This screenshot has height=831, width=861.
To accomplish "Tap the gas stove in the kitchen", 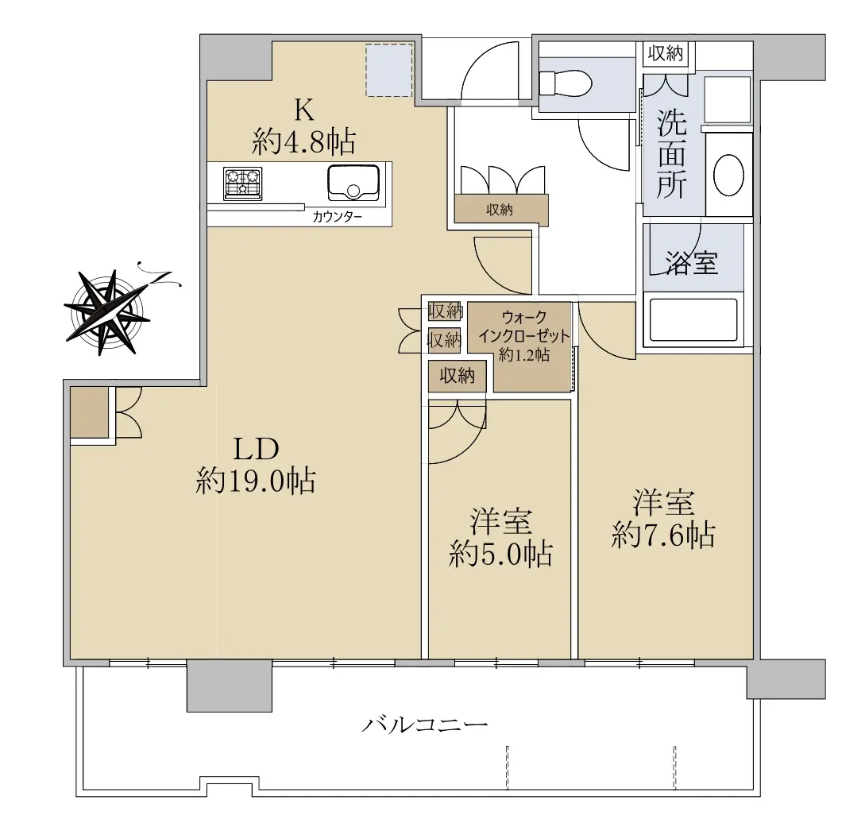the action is point(243,184).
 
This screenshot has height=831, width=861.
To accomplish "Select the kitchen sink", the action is point(353,183).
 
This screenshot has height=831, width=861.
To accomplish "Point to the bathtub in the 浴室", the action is point(693,320).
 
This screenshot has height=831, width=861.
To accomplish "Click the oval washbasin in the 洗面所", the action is point(728,176).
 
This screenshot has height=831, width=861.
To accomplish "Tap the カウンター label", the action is point(337,216).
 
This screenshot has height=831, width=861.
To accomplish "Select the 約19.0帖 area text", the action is point(256,481).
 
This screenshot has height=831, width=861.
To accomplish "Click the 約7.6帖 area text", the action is point(663,535).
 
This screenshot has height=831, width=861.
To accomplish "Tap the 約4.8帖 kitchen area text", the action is point(303,141).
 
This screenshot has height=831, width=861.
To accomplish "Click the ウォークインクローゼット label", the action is point(524,327).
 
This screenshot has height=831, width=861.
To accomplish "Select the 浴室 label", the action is point(691,262).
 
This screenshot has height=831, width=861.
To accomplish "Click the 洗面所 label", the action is point(671,154).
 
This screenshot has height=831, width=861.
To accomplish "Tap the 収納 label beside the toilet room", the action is point(666,53).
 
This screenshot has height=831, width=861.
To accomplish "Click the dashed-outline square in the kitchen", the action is point(389,70).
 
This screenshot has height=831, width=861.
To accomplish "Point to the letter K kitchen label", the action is point(305,110).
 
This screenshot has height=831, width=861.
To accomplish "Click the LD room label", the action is point(257,450).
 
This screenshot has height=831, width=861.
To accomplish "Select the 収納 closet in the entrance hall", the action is point(500,209).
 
